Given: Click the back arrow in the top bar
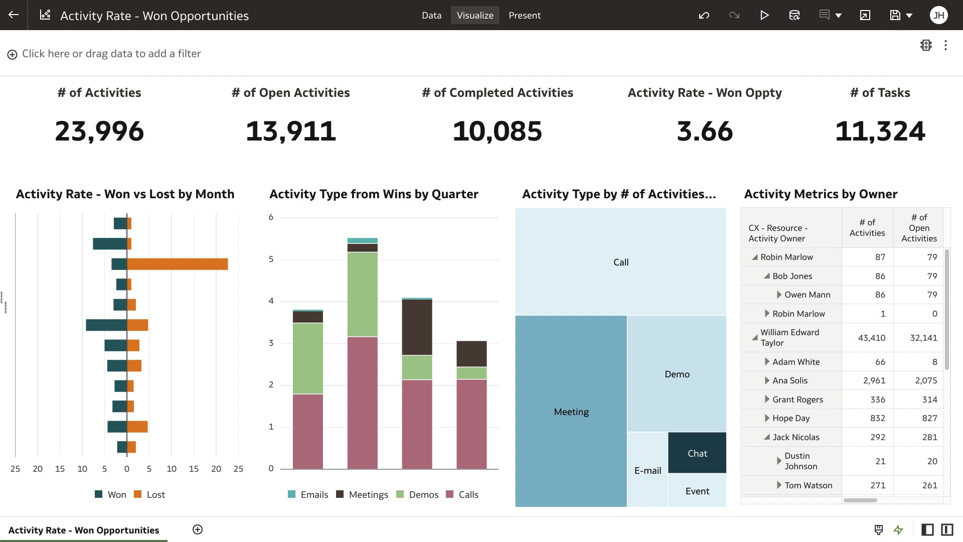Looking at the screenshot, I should coord(14,15).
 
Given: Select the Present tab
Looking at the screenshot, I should coord(524,15).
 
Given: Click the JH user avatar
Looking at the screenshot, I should coord(938,15).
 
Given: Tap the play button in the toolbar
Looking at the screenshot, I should coord(764,15).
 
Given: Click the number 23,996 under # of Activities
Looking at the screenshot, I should coord(99,131).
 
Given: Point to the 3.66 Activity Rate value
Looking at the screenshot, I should coord(704,131).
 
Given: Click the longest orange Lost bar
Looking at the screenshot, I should coord(178,264).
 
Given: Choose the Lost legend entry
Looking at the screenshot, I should coord(150,494).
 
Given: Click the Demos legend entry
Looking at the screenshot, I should coord(417,494).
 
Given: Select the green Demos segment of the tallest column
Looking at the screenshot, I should coord(362,294).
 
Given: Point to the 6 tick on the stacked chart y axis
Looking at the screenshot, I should coord(271,217).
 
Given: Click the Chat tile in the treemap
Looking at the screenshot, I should coord(697,453).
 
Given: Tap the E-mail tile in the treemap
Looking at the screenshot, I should coord(647,470).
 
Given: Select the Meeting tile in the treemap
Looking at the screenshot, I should coord(571,412).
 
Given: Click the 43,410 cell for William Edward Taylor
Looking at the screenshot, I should coord(871,338).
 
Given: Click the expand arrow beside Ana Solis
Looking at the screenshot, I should coord(767,380).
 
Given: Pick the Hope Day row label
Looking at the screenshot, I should coord(791,418).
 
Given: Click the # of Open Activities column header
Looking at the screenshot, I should coord(918,228).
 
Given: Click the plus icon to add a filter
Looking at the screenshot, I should coord(13,54).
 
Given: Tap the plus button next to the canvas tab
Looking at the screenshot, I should coord(198,529).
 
